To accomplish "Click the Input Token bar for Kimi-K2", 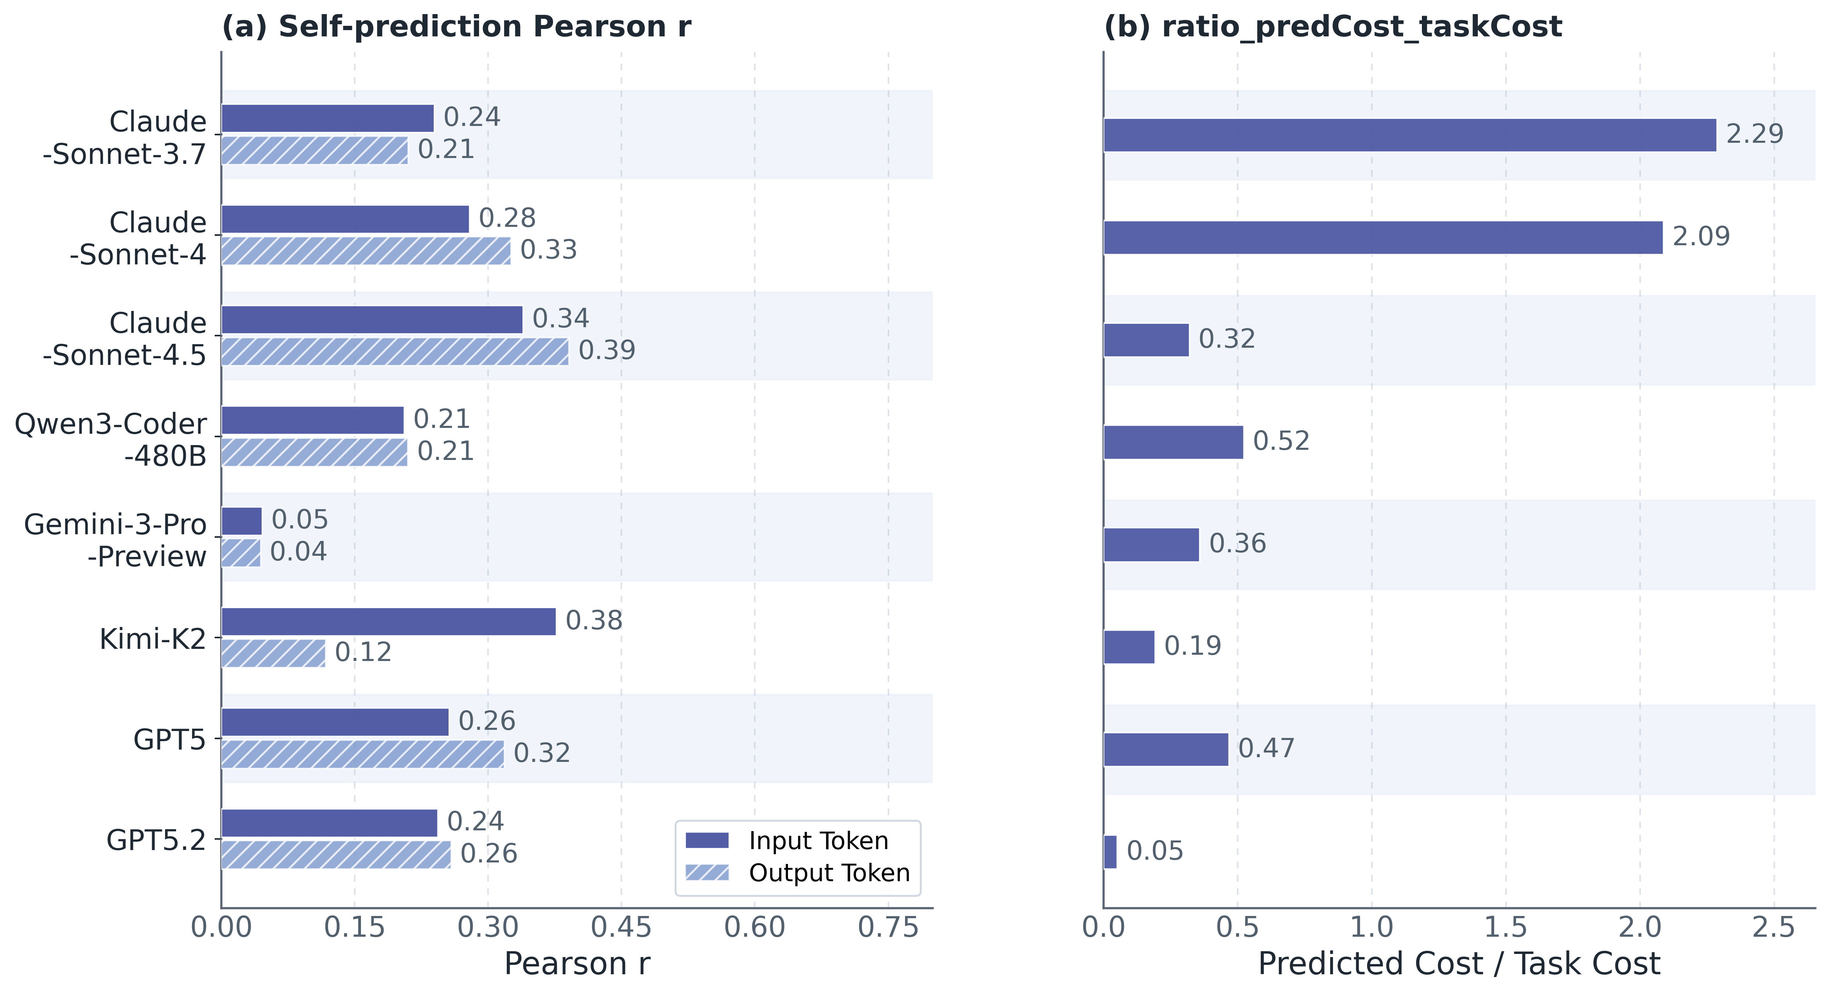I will coord(388,621).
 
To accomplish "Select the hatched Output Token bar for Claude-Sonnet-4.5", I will coord(395,352).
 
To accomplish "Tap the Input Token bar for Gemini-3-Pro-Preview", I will coord(241,521).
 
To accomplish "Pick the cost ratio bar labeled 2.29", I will coord(1409,135).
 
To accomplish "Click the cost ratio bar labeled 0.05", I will coord(1110,851).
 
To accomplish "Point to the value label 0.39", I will coord(607,350).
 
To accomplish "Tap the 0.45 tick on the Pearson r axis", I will coord(621,927).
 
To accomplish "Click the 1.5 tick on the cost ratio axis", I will coord(1505,927).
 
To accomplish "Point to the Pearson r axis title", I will coord(576,964).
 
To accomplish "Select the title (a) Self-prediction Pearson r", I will coord(456,27).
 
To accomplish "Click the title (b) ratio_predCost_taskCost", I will coord(1333,27).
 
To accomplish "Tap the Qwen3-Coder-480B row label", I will coord(111,439).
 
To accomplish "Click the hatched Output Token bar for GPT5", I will coord(362,754).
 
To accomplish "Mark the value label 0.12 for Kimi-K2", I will coord(363,652).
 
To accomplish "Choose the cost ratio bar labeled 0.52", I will coord(1173,442).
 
